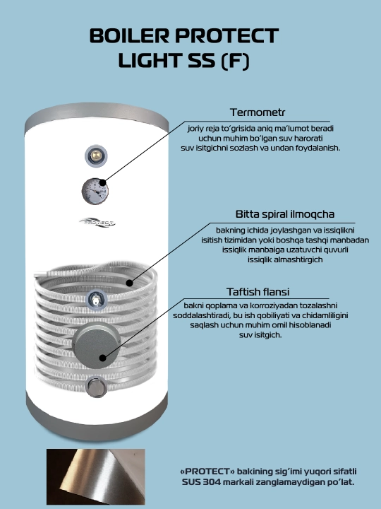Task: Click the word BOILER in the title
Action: pos(129,36)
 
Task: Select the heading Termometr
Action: pos(258,112)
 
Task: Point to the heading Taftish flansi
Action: pos(258,292)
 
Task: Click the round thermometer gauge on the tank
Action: pos(95,191)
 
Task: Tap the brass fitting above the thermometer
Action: pos(96,156)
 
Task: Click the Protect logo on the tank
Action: pos(97,223)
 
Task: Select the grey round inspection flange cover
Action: pos(97,345)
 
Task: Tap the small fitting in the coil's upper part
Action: pos(96,299)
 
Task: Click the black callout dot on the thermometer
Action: pos(103,183)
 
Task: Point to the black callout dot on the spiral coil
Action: pos(129,283)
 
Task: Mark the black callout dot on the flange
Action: pos(103,358)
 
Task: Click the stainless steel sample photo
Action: pos(95,476)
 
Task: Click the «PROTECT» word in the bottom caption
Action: pos(207,472)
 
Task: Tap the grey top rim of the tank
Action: pos(97,115)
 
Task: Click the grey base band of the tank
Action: pos(97,419)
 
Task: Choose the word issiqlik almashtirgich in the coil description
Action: pos(285,259)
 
